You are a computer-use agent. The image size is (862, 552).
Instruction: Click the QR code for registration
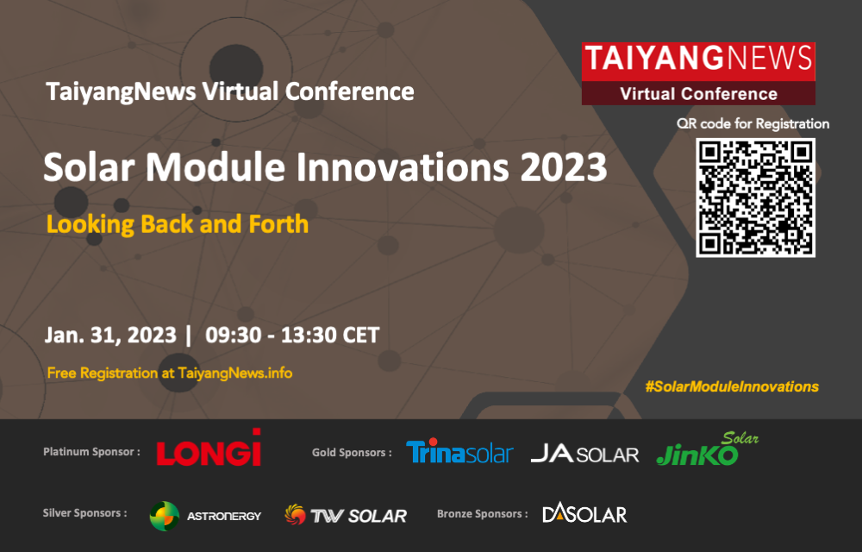(755, 198)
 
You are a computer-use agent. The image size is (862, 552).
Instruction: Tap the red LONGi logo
(209, 448)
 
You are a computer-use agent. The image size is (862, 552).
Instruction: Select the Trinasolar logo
(459, 451)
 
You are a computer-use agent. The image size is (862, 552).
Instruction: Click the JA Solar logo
(585, 454)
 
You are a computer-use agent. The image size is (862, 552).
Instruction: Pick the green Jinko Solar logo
(708, 449)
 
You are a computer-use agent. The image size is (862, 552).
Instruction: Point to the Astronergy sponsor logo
(206, 516)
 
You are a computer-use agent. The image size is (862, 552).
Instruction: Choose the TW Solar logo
(346, 515)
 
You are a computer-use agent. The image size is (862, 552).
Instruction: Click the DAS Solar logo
(584, 513)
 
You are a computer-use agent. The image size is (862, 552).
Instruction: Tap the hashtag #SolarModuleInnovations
(732, 386)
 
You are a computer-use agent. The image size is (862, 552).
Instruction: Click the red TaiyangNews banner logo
(698, 73)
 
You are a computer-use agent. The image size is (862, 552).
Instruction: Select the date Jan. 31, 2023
(110, 335)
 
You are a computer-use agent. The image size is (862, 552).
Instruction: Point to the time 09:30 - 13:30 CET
(292, 335)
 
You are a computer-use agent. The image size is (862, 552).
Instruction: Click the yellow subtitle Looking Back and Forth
(178, 224)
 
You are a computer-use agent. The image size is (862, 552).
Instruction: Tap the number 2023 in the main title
(564, 166)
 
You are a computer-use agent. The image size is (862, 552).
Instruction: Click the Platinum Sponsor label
(91, 452)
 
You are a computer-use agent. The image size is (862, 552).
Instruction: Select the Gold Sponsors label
(352, 453)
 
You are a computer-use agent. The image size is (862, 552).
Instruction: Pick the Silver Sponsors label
(84, 513)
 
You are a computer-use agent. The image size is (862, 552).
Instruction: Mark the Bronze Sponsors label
(482, 514)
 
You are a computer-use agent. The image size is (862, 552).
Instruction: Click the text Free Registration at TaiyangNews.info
(169, 373)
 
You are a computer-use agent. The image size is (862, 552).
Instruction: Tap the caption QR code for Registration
(753, 123)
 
